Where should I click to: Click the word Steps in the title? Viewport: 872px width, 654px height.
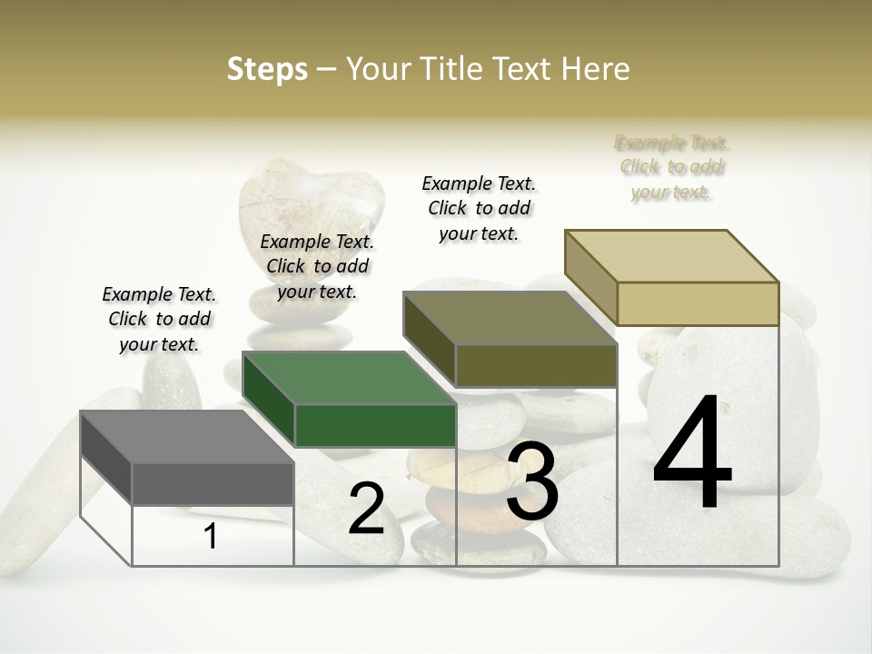tap(266, 69)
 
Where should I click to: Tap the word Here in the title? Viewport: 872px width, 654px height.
tap(596, 69)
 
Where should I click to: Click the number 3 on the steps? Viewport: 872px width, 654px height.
tap(531, 481)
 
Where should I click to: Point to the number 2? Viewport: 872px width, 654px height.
tap(366, 510)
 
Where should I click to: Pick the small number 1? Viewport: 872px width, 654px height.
tap(210, 537)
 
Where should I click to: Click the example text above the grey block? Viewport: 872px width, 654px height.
tap(159, 319)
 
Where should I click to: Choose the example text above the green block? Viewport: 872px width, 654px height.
tap(317, 266)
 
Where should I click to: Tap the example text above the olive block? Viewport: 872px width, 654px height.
tap(479, 208)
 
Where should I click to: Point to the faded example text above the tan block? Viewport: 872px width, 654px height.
tap(672, 167)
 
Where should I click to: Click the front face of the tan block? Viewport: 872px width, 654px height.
tap(698, 303)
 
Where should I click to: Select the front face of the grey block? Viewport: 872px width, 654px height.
tap(213, 484)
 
